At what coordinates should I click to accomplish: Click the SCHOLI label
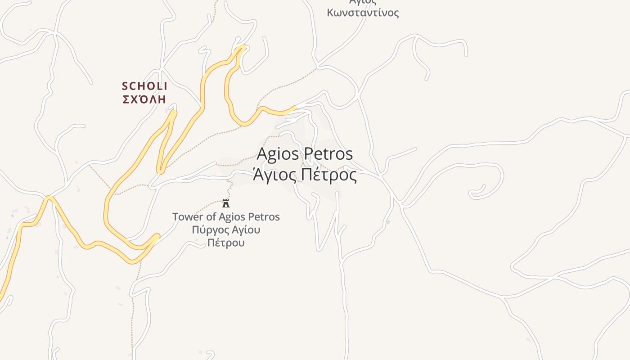144,85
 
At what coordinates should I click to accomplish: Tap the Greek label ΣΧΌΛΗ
144,99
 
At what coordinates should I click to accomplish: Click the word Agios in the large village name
277,154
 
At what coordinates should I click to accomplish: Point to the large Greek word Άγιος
274,175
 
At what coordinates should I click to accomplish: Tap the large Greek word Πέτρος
328,175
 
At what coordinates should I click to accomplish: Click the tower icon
226,203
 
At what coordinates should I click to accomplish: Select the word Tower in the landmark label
188,217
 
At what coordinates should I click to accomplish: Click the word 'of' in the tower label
211,217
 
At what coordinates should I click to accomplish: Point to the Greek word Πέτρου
226,243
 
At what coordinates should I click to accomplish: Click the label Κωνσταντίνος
363,12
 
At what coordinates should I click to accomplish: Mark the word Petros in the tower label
265,217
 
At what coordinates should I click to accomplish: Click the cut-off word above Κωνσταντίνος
363,2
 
